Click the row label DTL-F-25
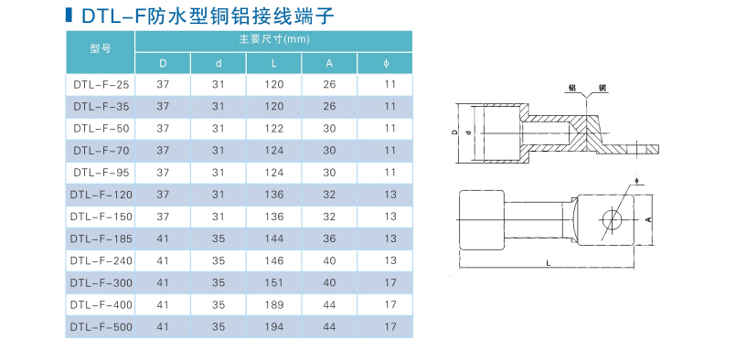pos(101,84)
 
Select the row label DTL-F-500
pos(101,326)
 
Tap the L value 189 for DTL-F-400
pos(274,304)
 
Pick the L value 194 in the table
pos(274,326)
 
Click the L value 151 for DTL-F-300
pos(274,282)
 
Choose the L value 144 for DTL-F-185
pos(274,238)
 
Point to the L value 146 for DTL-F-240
pos(274,260)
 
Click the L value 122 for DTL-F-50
pos(274,128)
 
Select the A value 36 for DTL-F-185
pos(330,238)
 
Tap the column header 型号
pos(101,50)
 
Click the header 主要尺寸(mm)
pos(274,39)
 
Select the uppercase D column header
pos(164,62)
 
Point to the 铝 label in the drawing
pos(571,87)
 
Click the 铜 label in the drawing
pos(602,87)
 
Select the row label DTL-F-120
pos(101,194)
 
